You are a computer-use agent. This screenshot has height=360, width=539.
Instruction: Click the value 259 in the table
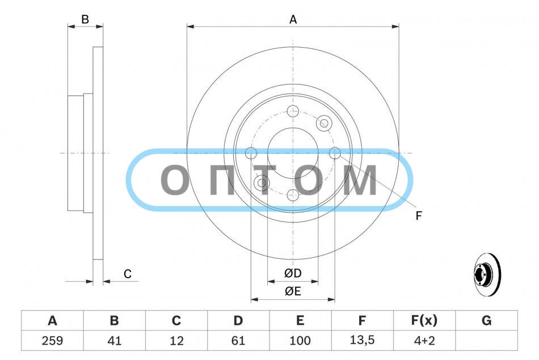(x=52, y=340)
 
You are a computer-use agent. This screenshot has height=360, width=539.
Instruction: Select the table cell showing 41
(x=115, y=340)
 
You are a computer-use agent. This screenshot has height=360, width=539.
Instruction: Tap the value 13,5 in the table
(x=363, y=340)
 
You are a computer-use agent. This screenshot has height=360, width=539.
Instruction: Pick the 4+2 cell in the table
(x=424, y=340)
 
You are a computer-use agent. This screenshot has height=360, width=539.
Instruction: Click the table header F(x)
(x=424, y=320)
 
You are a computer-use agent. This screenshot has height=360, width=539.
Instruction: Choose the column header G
(x=486, y=320)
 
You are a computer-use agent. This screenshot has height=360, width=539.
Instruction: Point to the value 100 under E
(x=300, y=340)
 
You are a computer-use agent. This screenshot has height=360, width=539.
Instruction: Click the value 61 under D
(x=238, y=340)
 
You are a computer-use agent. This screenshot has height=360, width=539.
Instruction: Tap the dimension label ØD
(x=293, y=273)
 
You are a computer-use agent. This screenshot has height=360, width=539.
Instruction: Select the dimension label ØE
(x=293, y=291)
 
